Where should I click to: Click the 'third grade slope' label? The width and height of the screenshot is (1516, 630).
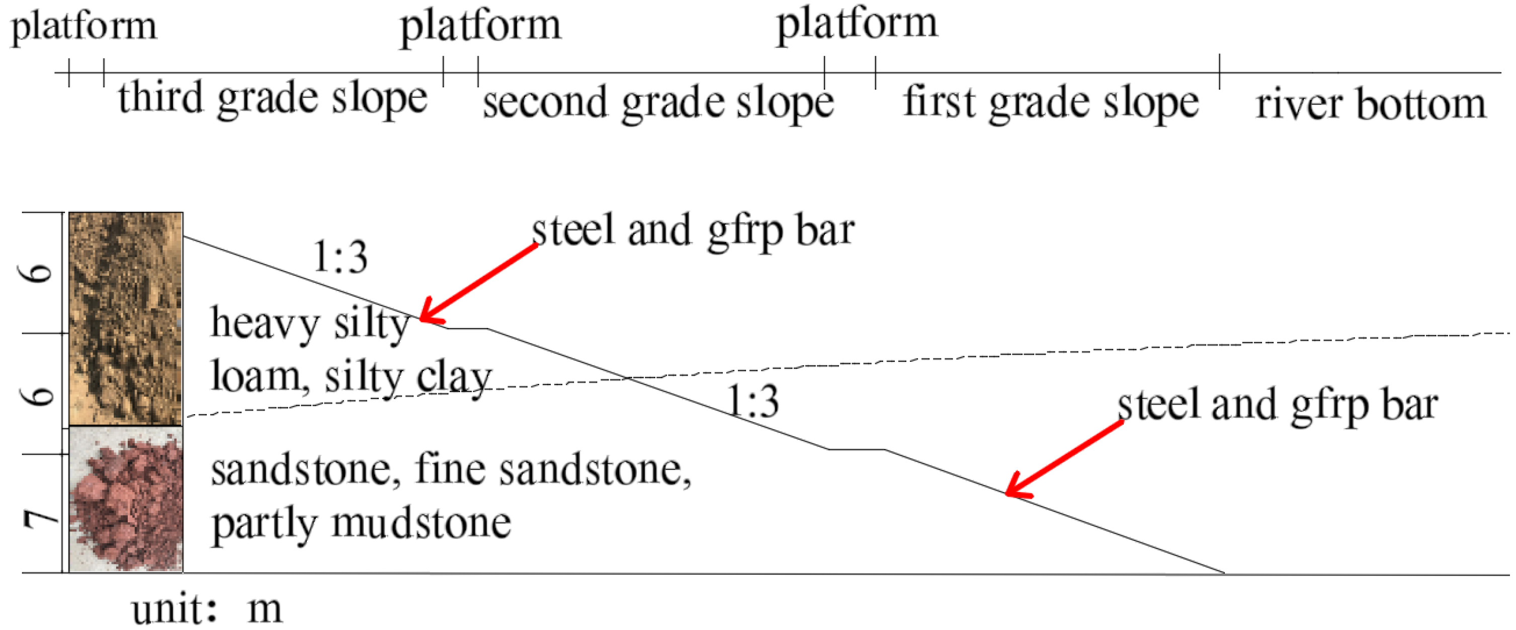(273, 98)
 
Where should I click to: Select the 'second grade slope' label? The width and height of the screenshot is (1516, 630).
(658, 103)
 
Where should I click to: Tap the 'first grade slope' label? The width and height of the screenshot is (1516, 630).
(1051, 103)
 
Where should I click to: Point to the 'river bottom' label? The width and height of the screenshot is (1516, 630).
(1371, 104)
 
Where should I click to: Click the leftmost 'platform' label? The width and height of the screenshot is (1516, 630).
(84, 27)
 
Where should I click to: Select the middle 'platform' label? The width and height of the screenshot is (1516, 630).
(481, 27)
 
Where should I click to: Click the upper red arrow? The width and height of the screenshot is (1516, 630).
(478, 283)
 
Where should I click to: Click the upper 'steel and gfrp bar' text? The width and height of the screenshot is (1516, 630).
(693, 231)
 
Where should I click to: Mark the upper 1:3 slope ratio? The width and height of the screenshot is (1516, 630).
(340, 257)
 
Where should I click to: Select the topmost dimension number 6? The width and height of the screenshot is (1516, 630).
(41, 273)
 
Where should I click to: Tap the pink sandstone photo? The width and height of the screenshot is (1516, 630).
(126, 499)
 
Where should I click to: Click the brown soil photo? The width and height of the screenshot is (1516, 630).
(126, 318)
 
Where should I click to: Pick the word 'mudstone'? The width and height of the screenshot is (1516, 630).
(421, 523)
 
